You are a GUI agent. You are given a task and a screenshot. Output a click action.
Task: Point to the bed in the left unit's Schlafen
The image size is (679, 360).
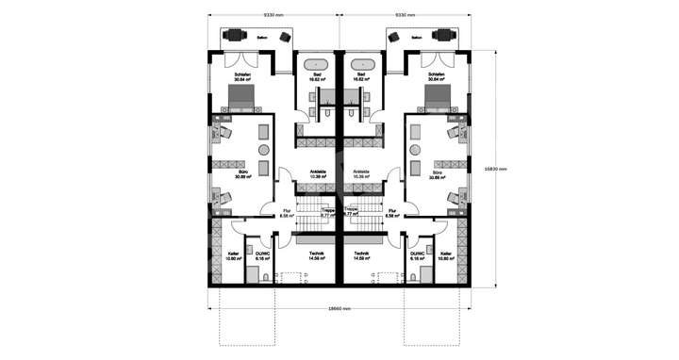[x=239, y=97]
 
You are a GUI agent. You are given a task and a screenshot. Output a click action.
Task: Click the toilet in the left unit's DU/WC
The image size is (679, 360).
[x=267, y=275]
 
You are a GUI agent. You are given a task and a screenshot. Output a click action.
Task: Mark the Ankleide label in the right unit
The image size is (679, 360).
[x=361, y=172]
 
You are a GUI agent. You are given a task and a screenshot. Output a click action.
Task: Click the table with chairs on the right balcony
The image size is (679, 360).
[x=442, y=36]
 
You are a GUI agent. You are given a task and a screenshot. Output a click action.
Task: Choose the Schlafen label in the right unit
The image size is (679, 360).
[x=436, y=75]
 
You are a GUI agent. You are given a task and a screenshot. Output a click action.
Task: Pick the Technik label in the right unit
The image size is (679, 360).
[x=361, y=254]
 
